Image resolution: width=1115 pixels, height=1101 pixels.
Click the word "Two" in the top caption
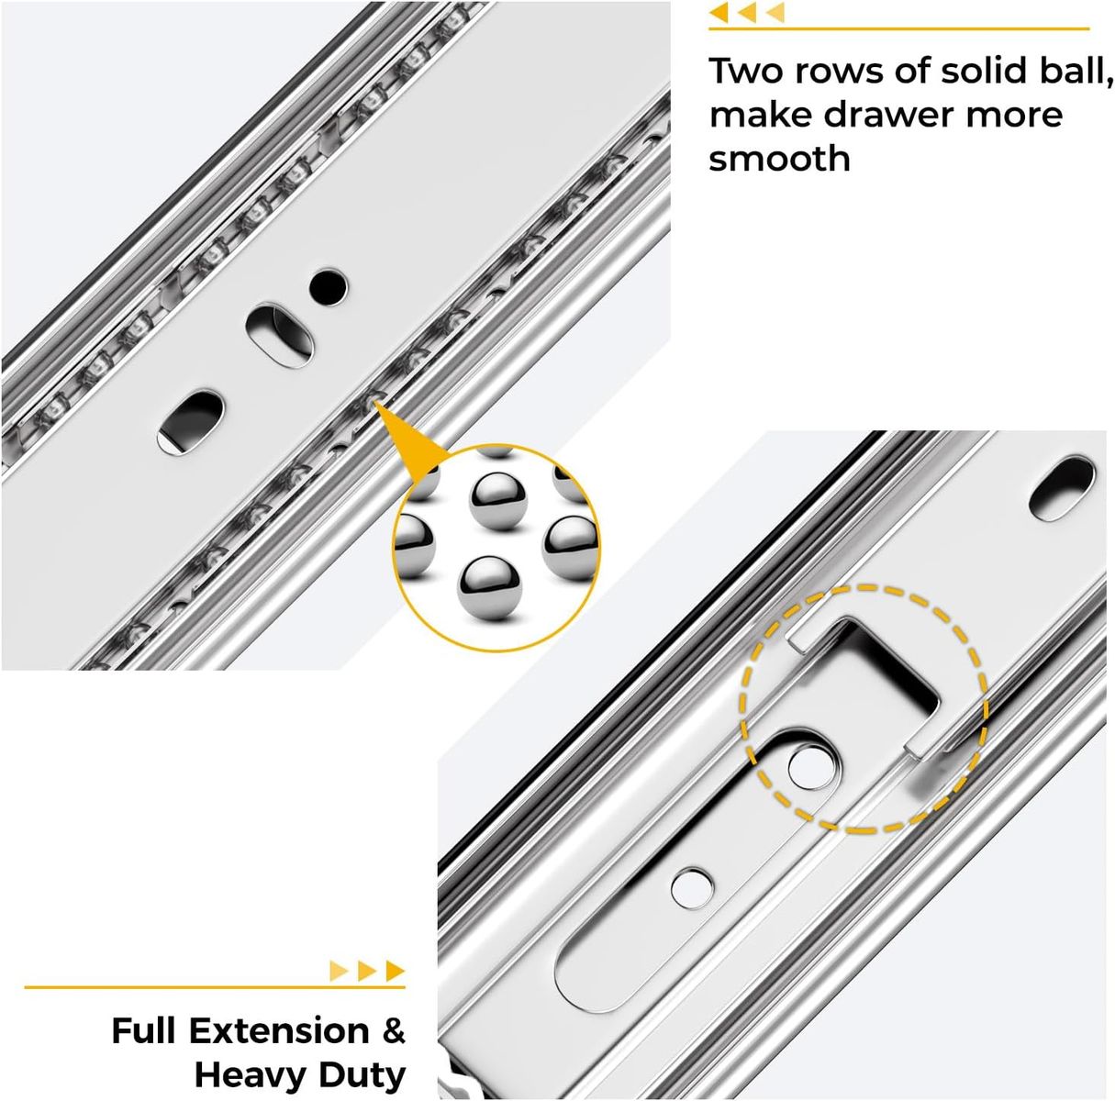pos(746,71)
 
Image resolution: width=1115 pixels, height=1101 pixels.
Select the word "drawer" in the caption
pos(888,115)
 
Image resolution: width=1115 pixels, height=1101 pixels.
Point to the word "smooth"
pos(779,159)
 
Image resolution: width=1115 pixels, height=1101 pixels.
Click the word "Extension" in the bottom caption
pos(279,1031)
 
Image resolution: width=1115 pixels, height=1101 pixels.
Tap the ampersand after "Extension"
pos(394,1031)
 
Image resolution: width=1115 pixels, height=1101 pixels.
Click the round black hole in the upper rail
pos(329,286)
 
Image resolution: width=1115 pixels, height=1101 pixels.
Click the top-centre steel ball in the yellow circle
pos(497,501)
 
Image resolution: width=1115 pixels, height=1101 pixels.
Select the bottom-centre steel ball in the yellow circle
pos(489,588)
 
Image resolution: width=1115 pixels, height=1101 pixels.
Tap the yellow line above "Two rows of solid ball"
pos(899,28)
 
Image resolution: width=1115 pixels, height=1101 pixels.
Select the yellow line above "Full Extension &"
pos(215,987)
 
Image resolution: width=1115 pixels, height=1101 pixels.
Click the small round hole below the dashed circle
pos(692,887)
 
